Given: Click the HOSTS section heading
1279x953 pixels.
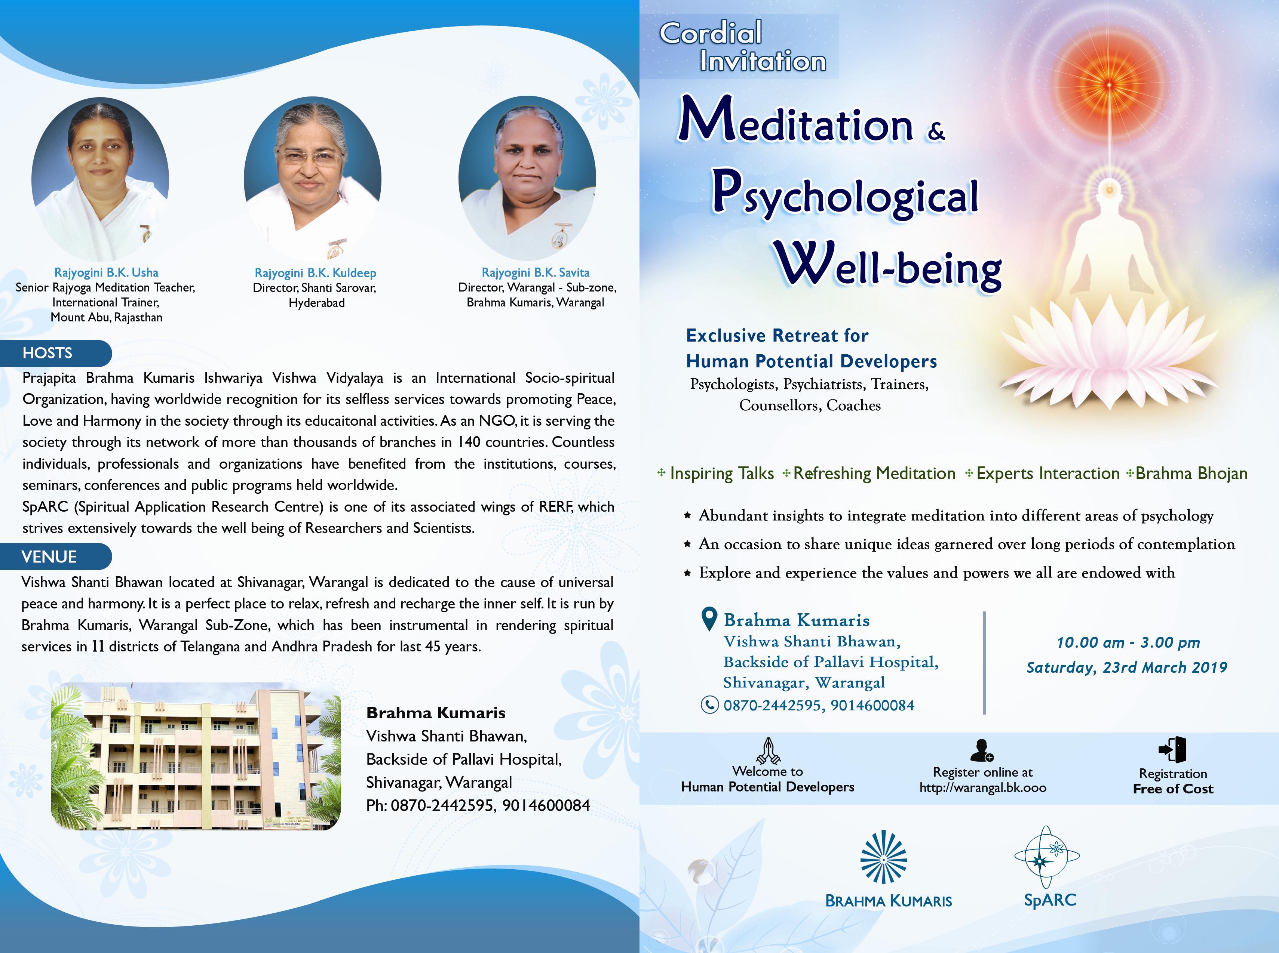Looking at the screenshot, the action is click(x=47, y=353).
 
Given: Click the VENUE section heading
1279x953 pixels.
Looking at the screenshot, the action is click(x=49, y=557).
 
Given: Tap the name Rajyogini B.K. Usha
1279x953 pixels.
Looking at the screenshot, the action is click(x=106, y=272).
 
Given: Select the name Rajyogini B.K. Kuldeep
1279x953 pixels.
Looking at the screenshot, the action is click(x=315, y=273).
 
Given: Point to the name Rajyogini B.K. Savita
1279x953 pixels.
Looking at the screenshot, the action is click(x=536, y=272).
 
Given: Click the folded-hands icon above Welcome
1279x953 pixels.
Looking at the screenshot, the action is click(x=768, y=750).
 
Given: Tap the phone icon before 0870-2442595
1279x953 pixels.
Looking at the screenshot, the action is click(x=709, y=705).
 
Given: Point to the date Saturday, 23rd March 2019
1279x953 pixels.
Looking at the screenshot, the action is click(x=1127, y=667).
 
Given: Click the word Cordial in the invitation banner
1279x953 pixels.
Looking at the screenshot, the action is click(x=711, y=33).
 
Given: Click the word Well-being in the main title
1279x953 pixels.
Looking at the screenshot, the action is click(x=889, y=266).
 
